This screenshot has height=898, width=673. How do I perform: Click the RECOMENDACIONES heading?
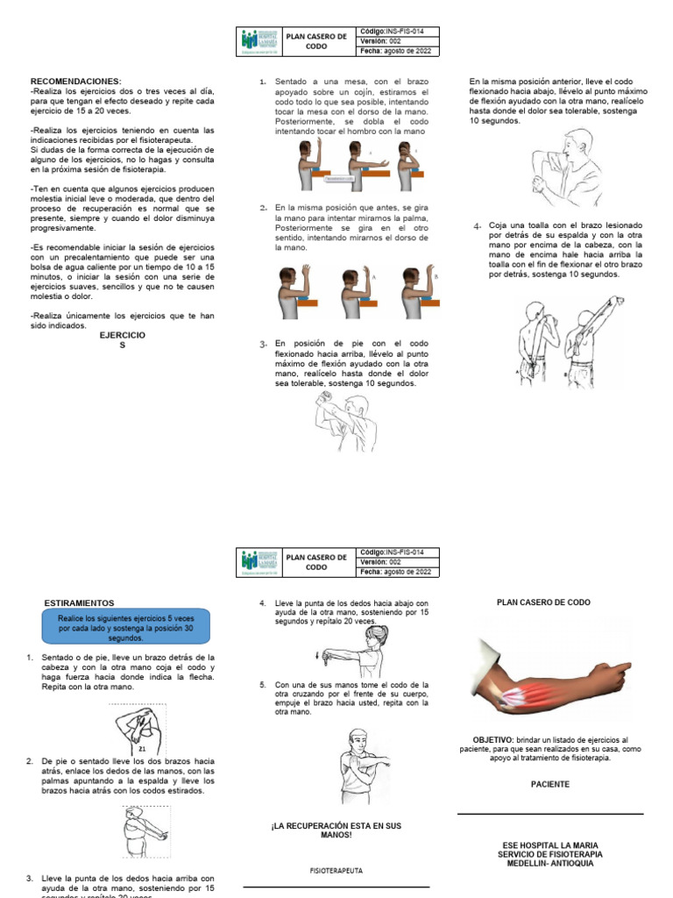[75, 81]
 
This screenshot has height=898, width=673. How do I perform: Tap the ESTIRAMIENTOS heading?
[79, 603]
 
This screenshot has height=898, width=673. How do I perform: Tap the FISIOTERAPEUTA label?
[336, 871]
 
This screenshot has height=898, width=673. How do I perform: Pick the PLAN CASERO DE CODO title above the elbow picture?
[543, 602]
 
